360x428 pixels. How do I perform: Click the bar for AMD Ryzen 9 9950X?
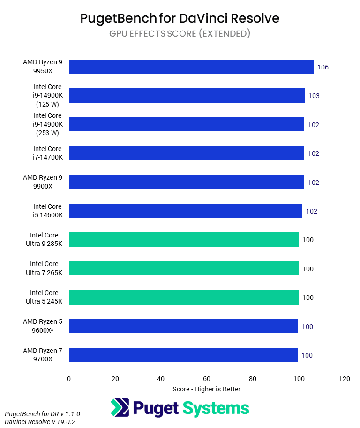coord(191,67)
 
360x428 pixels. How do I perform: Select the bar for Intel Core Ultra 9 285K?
coord(184,240)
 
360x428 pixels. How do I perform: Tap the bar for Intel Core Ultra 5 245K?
coord(184,298)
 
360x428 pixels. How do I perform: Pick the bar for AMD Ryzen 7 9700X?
coord(183,355)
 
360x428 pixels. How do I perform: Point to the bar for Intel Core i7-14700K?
coord(187,153)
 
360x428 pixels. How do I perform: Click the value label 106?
coord(322,67)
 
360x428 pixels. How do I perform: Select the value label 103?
coord(314,96)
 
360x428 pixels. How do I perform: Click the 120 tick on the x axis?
coord(345,379)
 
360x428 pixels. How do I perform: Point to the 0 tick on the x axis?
coord(69,379)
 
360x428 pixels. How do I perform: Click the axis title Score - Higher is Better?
coord(206,389)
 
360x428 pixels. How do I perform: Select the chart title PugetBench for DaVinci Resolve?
coord(180,18)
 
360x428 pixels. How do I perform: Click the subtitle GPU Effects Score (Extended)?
coord(180,33)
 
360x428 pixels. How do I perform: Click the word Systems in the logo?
coord(216,408)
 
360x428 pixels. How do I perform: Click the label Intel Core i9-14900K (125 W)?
coord(47,96)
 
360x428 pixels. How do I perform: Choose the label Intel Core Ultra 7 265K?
coord(44,268)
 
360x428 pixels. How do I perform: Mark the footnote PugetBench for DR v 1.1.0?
coord(42,413)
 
